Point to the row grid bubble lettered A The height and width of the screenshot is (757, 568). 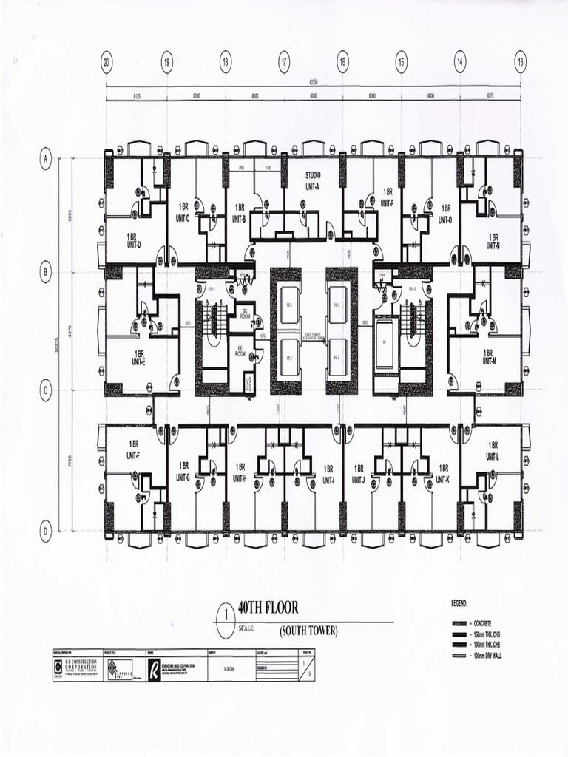pyautogui.click(x=46, y=158)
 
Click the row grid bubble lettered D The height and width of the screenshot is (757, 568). pyautogui.click(x=46, y=530)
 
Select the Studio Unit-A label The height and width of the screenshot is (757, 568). pyautogui.click(x=313, y=180)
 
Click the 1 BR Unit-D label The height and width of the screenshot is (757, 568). pyautogui.click(x=133, y=240)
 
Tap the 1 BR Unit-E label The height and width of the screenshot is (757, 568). pyautogui.click(x=138, y=357)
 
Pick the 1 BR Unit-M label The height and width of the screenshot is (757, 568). pyautogui.click(x=488, y=357)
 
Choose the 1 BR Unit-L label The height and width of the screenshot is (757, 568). pyautogui.click(x=493, y=451)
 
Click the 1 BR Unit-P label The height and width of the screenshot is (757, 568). pyautogui.click(x=388, y=196)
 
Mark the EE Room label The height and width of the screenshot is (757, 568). pyautogui.click(x=240, y=350)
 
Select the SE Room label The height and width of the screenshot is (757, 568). pyautogui.click(x=243, y=313)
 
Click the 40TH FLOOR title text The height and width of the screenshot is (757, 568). pyautogui.click(x=268, y=608)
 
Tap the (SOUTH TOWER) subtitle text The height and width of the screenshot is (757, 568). pyautogui.click(x=308, y=631)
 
